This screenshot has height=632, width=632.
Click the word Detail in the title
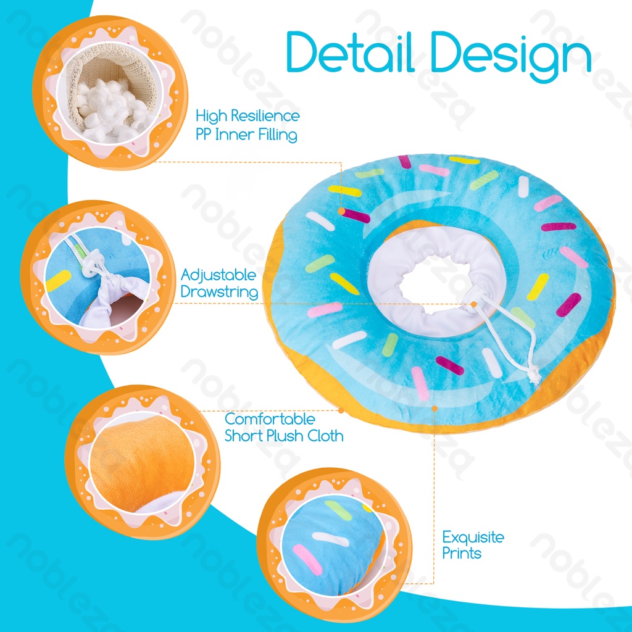(x=349, y=53)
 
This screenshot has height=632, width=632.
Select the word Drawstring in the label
(x=219, y=292)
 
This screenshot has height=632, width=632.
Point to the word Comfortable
(x=270, y=419)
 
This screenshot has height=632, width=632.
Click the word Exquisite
(x=473, y=537)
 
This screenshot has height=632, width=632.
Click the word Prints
(x=461, y=554)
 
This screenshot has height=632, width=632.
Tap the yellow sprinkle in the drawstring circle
(x=58, y=281)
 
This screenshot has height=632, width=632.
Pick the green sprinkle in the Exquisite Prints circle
(x=338, y=509)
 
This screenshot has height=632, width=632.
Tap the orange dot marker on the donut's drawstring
(x=473, y=303)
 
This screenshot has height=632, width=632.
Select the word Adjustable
(x=218, y=275)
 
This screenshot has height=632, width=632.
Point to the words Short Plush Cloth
(x=284, y=436)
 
